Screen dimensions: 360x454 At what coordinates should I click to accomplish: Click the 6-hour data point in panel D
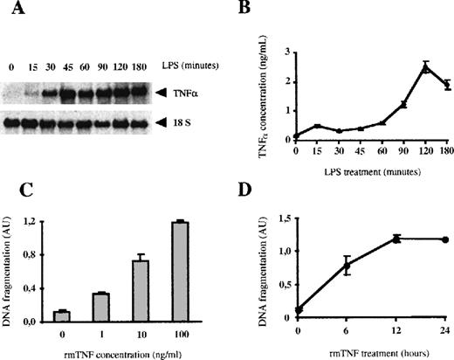[x=347, y=266]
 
